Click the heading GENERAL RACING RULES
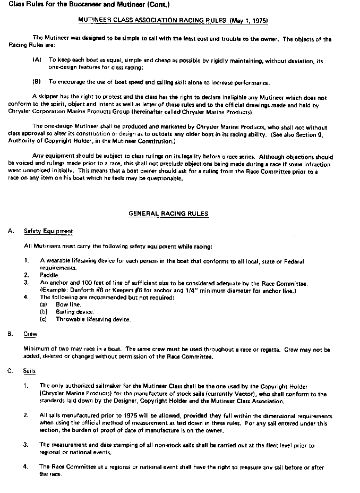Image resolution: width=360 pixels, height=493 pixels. [168, 214]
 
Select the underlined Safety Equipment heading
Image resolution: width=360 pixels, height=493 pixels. [48, 231]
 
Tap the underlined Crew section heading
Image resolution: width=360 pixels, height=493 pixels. [30, 334]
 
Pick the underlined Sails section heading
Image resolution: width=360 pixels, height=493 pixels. [30, 371]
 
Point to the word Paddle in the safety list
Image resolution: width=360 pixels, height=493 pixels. [49, 275]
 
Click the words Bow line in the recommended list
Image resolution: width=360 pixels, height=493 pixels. [68, 304]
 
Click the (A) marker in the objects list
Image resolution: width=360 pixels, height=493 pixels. [37, 61]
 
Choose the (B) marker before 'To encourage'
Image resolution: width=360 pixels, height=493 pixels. [37, 82]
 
